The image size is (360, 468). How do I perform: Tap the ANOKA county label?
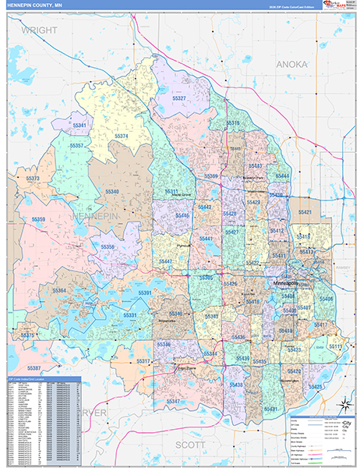pos(291,63)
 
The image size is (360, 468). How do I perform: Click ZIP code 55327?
pos(178,98)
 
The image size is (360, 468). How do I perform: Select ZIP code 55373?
pos(34,179)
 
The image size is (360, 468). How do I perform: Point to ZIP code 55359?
pos(38,220)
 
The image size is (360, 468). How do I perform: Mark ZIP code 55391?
pos(144,292)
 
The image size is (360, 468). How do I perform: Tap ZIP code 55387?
pos(34,367)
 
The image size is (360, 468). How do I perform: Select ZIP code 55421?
pos(304,212)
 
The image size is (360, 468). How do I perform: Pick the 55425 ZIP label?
pos(315,386)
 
